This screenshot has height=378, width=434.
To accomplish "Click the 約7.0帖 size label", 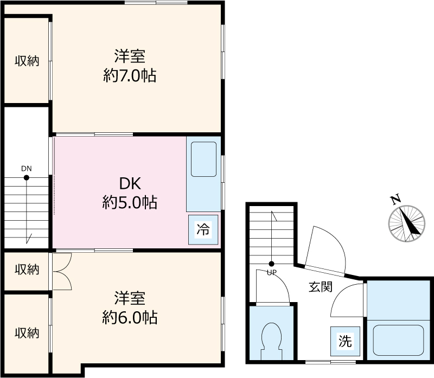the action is (x=130, y=75).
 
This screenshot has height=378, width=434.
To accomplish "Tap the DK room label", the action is (x=130, y=183).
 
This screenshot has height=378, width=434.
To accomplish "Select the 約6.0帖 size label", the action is (x=130, y=317).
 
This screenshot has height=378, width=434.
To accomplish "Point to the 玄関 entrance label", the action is (x=321, y=287).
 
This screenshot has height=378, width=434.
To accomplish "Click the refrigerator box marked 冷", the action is (x=203, y=230).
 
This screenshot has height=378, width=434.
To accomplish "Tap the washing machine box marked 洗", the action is (x=345, y=341).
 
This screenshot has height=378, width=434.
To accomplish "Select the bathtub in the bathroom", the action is (x=398, y=340).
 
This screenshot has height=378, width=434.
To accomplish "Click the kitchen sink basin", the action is (x=204, y=159).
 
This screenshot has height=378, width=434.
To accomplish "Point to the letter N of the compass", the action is (x=395, y=200).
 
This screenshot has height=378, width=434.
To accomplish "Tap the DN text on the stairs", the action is (x=27, y=169).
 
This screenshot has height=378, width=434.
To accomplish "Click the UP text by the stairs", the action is (x=272, y=273).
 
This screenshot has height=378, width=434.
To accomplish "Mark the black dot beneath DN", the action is (x=27, y=178).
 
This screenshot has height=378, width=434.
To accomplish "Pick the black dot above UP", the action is (x=272, y=264).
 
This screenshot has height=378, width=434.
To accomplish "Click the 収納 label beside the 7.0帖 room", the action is (x=27, y=61).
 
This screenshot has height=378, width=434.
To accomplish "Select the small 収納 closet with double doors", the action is (x=27, y=270).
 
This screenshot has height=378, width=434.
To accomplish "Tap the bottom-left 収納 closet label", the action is (x=27, y=333).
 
